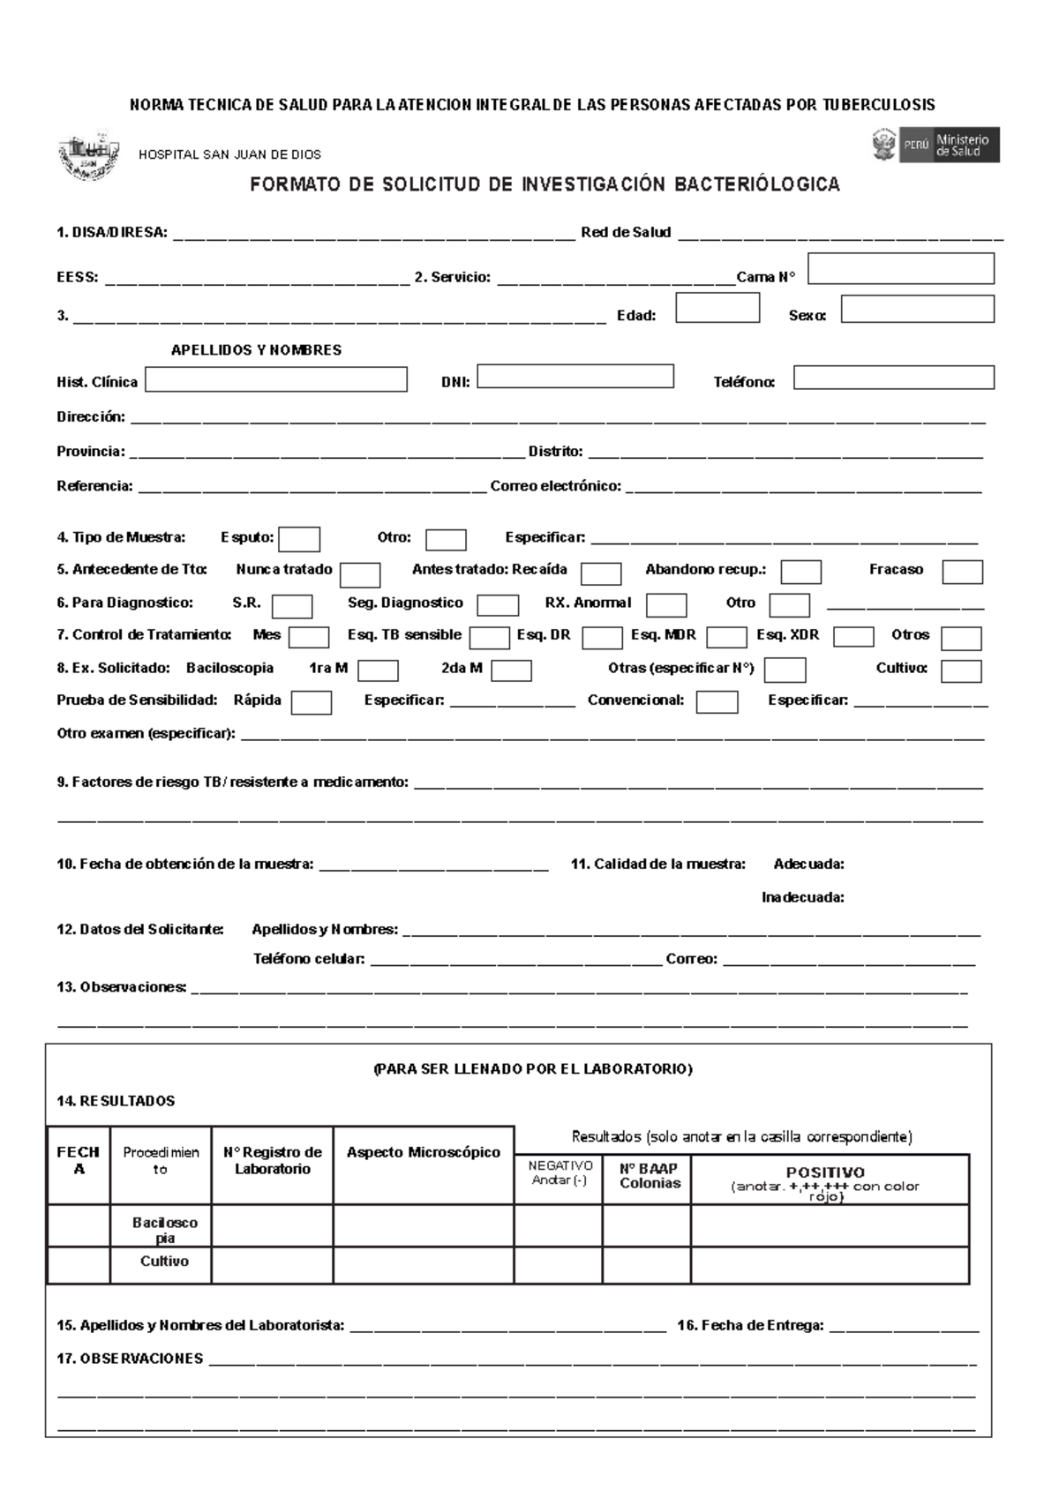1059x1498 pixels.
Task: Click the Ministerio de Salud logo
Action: click(936, 145)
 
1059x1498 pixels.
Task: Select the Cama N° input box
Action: click(901, 268)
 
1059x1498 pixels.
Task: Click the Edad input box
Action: click(717, 308)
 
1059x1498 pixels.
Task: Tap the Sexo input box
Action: click(917, 309)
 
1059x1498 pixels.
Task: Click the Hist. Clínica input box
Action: click(276, 379)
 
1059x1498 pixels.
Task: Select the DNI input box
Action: click(575, 377)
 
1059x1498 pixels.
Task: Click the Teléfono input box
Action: click(893, 378)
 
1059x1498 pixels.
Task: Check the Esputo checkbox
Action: click(299, 539)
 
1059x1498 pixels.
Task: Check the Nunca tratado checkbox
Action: click(360, 575)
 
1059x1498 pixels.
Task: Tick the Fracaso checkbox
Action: click(962, 572)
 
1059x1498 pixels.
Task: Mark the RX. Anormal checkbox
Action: click(666, 605)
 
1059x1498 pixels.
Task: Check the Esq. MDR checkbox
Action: click(727, 637)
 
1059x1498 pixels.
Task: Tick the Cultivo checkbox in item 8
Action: click(961, 671)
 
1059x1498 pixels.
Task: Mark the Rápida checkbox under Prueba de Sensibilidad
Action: click(312, 702)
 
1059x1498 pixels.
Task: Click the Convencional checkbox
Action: click(717, 702)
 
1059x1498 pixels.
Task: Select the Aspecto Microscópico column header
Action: click(424, 1152)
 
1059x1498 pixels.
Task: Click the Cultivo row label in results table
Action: click(164, 1262)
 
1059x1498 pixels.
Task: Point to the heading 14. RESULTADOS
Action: click(116, 1101)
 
